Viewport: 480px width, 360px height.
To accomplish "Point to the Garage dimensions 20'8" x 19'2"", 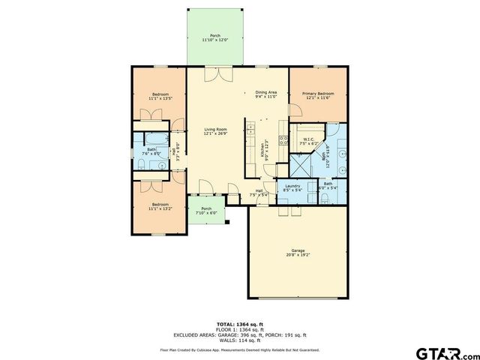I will coord(298,255).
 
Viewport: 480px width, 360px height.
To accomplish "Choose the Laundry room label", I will coord(293,187).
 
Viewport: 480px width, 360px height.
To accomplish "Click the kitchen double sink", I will coord(282,139).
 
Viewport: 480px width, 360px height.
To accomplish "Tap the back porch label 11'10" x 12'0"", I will coord(215,37).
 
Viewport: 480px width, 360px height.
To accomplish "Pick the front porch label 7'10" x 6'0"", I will coord(206,210).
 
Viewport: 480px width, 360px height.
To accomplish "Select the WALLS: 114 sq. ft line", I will coord(239,339).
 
